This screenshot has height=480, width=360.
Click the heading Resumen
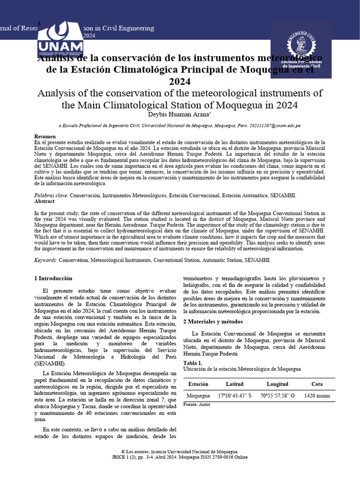tap(45, 136)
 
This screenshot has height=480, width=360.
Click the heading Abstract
tap(45, 201)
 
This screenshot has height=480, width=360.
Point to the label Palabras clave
tap(51, 195)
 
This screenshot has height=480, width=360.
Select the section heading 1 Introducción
tap(53, 278)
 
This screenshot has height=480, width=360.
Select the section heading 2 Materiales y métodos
tap(213, 322)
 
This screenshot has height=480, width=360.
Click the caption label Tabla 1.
tap(193, 363)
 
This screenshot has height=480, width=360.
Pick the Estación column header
tap(198, 384)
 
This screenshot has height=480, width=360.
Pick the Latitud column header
tap(235, 384)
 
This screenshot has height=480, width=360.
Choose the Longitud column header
tap(277, 384)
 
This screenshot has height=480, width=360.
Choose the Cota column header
tap(317, 384)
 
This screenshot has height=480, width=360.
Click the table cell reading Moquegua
tap(198, 396)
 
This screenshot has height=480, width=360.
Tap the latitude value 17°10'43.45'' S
tap(235, 396)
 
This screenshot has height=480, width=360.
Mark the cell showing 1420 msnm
tap(317, 396)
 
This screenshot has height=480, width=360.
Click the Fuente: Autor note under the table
tap(197, 404)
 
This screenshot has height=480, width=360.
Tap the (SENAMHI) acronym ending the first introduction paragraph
tap(50, 364)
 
